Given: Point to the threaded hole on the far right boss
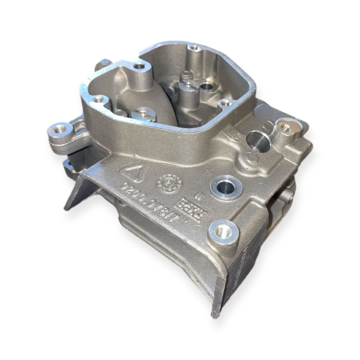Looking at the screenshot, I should [x=285, y=128].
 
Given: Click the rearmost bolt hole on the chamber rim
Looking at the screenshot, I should [x=194, y=47].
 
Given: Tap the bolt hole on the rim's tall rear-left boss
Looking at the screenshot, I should [x=139, y=66].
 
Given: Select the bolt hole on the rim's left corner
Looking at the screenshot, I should [x=97, y=99].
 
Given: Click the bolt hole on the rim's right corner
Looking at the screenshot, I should [x=226, y=102].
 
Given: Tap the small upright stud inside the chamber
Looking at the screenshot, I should [x=184, y=76].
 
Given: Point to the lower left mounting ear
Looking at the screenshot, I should [x=67, y=165].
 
